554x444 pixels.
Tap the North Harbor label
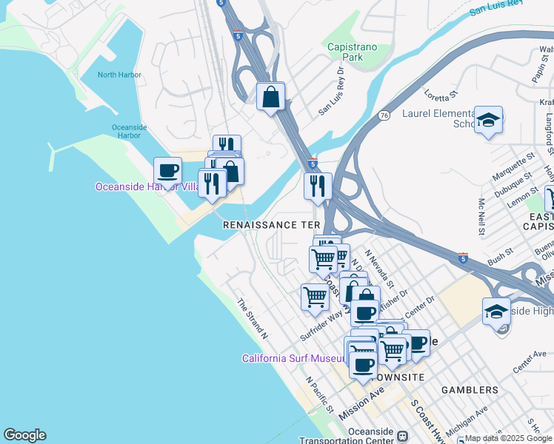pyautogui.click(x=119, y=75)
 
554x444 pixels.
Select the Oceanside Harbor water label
pyautogui.click(x=130, y=131)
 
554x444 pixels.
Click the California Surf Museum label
pyautogui.click(x=293, y=359)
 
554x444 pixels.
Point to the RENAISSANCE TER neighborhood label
pyautogui.click(x=272, y=224)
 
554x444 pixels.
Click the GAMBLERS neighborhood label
pyautogui.click(x=470, y=390)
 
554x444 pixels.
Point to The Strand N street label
pyautogui.click(x=252, y=319)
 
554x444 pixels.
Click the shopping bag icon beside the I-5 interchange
pyautogui.click(x=271, y=97)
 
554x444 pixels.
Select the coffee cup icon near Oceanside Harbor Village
pyautogui.click(x=167, y=172)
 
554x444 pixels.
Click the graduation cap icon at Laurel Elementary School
pyautogui.click(x=489, y=121)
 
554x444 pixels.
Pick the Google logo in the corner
pyautogui.click(x=24, y=435)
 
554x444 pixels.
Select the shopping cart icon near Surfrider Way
pyautogui.click(x=315, y=297)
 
